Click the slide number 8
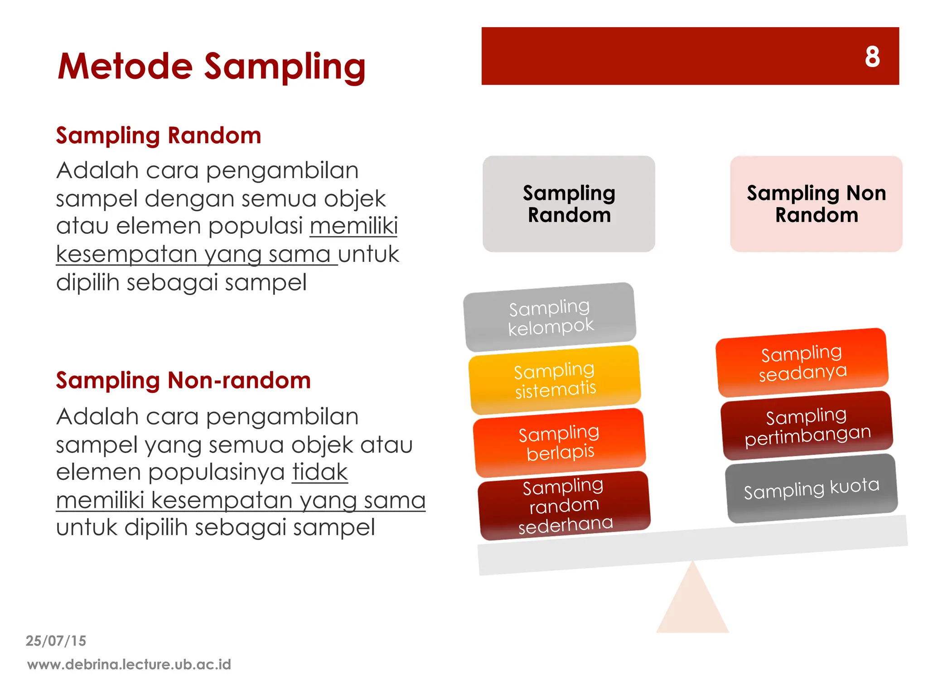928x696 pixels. point(872,57)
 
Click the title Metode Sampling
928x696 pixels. point(211,67)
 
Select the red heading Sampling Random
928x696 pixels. point(159,135)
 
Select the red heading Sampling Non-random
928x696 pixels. point(183,380)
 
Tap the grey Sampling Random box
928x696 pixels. point(569,204)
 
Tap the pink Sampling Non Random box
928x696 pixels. point(816,204)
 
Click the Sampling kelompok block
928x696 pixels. point(550,317)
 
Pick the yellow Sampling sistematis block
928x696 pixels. point(555,380)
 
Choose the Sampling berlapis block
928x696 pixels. point(560,442)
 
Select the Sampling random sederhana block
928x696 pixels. point(565,505)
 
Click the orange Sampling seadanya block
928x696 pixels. point(802,362)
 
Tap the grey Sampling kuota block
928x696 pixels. point(812,488)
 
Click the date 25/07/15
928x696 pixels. point(56,641)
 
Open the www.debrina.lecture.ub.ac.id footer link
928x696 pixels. point(129,664)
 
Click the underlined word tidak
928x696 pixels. point(320,472)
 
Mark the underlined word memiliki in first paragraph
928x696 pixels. point(354,226)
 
